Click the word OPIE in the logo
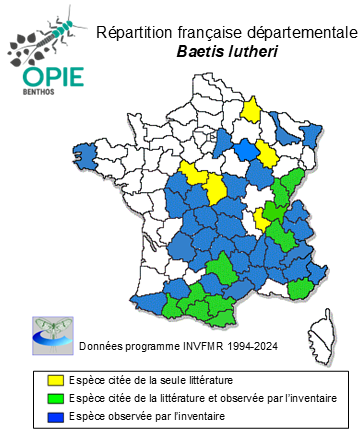click(x=46, y=78)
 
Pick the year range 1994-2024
click(x=250, y=346)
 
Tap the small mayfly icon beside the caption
click(x=50, y=334)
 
